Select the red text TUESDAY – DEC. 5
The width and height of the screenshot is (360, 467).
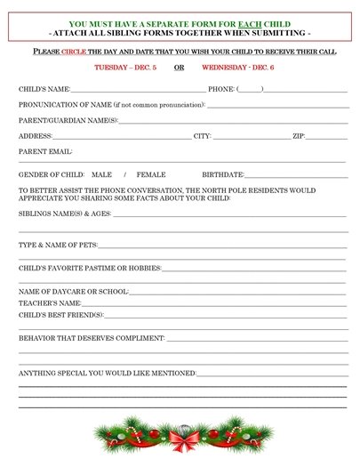tap(125, 67)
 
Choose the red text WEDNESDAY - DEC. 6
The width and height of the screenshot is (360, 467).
tap(237, 67)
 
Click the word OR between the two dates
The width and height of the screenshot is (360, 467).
tap(179, 67)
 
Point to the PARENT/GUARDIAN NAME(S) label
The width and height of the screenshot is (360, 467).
tap(68, 120)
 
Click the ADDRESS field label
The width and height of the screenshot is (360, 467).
tap(36, 136)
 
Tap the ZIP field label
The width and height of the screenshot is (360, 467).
tap(298, 136)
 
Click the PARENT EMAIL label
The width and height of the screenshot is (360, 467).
tap(45, 152)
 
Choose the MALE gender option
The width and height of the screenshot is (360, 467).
tap(101, 174)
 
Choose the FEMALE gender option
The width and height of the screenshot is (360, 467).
tap(150, 174)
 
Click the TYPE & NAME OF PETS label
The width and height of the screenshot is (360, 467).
tap(58, 245)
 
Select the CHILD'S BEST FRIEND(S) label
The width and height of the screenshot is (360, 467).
tap(60, 314)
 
